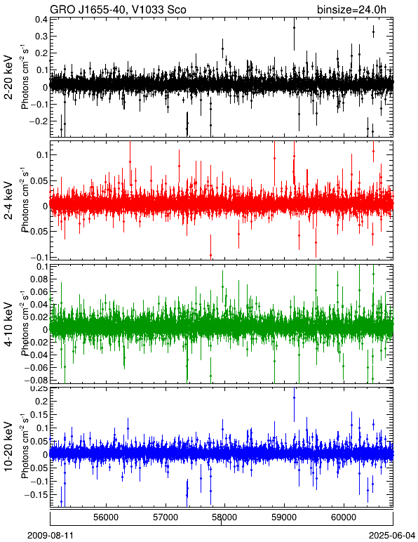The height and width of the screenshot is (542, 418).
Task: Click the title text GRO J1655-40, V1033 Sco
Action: (x=118, y=9)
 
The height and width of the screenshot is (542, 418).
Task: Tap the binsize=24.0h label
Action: (x=351, y=9)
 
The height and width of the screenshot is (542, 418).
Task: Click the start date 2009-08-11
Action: (x=50, y=536)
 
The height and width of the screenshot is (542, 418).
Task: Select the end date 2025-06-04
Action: (x=392, y=536)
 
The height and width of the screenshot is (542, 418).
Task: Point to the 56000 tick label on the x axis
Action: (x=106, y=517)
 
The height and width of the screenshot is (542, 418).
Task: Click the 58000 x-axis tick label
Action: (x=225, y=517)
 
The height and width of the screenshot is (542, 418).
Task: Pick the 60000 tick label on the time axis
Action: (x=344, y=517)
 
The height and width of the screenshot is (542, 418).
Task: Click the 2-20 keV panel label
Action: (x=9, y=77)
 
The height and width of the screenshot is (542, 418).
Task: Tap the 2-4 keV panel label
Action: (x=9, y=201)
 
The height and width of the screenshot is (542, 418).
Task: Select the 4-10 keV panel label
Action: (x=9, y=324)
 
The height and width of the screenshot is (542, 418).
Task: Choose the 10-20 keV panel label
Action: (x=9, y=447)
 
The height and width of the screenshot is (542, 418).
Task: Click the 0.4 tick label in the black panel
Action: (x=41, y=20)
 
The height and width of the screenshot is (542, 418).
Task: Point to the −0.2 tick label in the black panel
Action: (x=39, y=121)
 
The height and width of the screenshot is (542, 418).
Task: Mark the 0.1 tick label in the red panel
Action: (x=41, y=155)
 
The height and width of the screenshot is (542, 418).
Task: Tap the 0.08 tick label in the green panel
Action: (x=39, y=279)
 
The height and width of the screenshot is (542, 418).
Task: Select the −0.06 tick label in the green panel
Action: (x=36, y=367)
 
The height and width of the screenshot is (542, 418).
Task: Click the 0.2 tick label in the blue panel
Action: (x=41, y=402)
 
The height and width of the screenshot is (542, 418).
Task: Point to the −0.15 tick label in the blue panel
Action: (x=36, y=495)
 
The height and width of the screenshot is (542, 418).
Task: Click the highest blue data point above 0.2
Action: (x=294, y=398)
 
